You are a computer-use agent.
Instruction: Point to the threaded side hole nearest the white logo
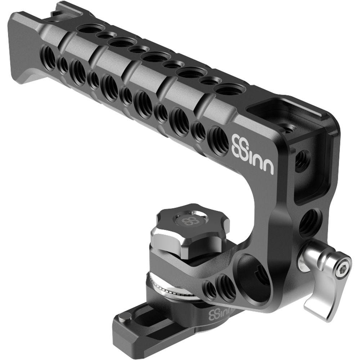pos(219,140)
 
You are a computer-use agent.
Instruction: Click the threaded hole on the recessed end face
pos(301,159)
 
